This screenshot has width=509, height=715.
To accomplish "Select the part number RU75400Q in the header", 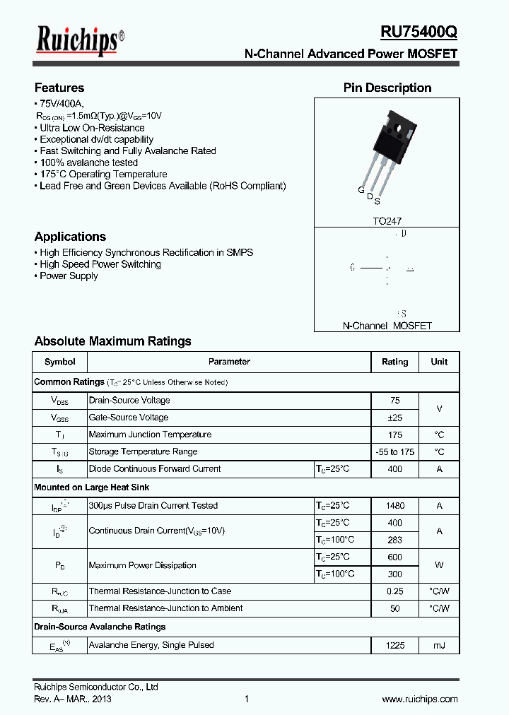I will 419,32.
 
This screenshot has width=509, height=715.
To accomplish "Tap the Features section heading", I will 59,88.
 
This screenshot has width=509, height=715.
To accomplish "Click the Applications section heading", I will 70,237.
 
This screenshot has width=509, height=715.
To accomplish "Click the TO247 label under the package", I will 387,221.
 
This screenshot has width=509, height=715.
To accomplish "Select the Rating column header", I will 394,362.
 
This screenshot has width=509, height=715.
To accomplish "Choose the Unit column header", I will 439,362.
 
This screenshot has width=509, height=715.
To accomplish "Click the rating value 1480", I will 394,506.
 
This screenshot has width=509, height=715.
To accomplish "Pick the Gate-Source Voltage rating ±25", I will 394,418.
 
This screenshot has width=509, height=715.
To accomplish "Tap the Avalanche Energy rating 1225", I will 394,645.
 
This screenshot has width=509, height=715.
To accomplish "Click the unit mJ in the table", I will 439,645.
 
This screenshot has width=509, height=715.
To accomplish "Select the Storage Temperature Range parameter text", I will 143,451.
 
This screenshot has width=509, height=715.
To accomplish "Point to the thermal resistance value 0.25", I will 394,591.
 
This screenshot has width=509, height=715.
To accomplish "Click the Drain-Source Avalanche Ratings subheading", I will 100,627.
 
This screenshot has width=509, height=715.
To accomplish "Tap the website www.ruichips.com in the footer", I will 420,699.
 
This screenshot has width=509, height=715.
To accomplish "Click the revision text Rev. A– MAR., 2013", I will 72,699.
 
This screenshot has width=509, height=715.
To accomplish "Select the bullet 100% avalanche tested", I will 88,162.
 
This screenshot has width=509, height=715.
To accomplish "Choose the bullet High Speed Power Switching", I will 100,264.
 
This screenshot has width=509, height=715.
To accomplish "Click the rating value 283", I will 394,540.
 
